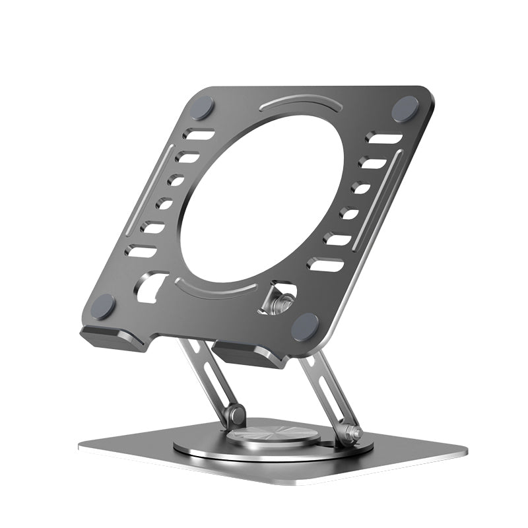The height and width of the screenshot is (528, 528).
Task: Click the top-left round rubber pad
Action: (202, 107)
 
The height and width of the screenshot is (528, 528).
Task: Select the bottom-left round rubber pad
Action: (103, 307)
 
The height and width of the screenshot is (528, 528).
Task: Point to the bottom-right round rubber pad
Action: (305, 326)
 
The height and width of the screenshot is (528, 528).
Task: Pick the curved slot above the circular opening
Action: (295, 105)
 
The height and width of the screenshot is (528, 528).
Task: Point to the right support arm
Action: (330, 389)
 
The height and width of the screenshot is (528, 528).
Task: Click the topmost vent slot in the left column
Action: (200, 135)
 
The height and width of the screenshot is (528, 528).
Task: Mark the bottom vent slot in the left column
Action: (143, 251)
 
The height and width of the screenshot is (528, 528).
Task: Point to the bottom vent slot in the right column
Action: (325, 265)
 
